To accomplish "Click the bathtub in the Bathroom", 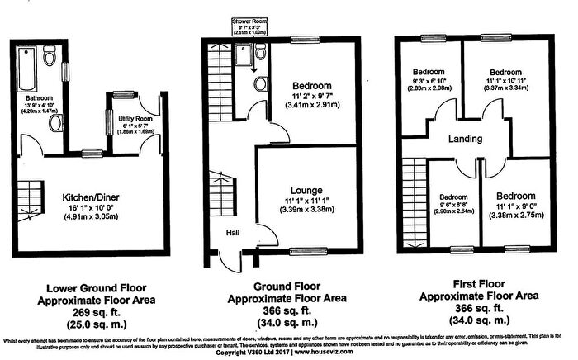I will pos(27,69).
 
